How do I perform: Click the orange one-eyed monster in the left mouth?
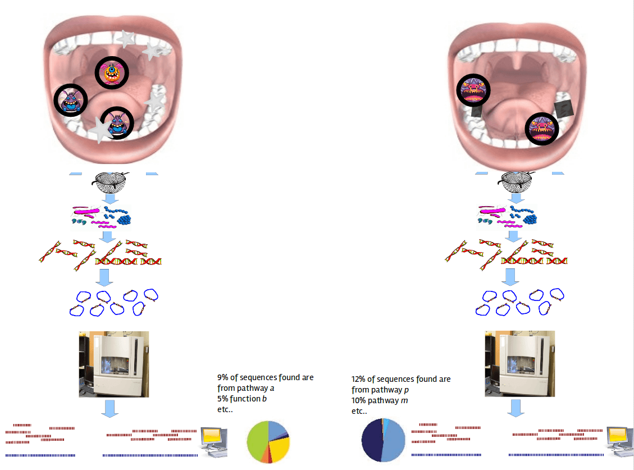pos(111,72)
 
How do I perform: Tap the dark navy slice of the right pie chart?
pos(372,439)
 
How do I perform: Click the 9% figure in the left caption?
pos(223,377)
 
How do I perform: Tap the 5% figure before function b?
pos(223,399)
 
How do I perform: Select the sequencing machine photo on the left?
pos(114,364)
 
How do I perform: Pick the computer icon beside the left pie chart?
pos(213,441)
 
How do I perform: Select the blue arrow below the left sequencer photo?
pos(110,408)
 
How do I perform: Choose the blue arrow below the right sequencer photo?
pos(516,408)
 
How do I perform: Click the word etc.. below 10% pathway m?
pos(359,411)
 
